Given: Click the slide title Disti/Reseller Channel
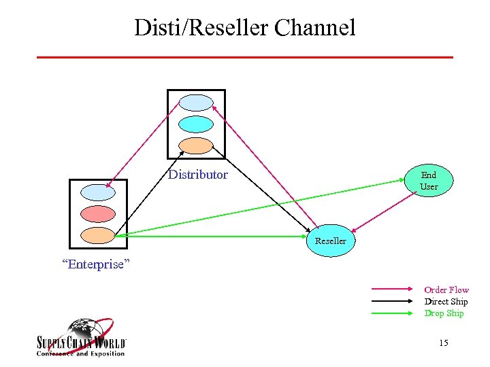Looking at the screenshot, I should [x=244, y=28].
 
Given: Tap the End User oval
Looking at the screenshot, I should [x=429, y=181].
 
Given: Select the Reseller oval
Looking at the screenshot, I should [x=330, y=241].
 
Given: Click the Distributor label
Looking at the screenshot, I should [x=198, y=175].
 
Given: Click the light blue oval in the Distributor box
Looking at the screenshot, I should [x=196, y=102].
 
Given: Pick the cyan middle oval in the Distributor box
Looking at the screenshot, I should [x=196, y=124].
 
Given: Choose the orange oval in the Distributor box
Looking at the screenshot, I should [x=196, y=145].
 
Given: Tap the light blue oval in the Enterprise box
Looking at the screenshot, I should [x=98, y=192].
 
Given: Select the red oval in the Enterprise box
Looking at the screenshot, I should [x=98, y=213].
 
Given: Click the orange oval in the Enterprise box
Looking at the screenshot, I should [x=98, y=235].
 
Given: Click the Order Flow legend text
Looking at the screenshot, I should [x=446, y=290].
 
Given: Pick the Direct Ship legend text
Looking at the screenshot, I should [x=446, y=301].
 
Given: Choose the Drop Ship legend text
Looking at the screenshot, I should [x=444, y=313].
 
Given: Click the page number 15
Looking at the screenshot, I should [x=444, y=343].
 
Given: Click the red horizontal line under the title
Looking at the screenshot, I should [x=244, y=57].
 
